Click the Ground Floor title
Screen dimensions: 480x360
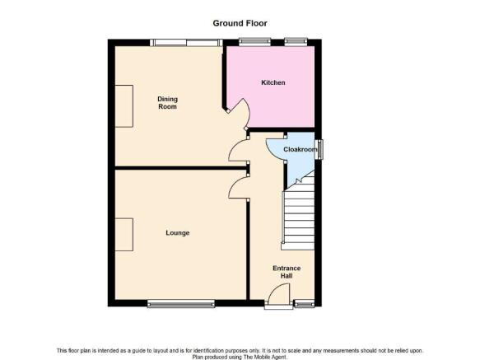tap(240, 23)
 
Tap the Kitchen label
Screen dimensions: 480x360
tap(273, 82)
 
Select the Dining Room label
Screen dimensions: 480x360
tap(167, 103)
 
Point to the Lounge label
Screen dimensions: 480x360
tap(178, 233)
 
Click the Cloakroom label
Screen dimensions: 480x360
tap(301, 149)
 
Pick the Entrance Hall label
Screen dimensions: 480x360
tap(287, 272)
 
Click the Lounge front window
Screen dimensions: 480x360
tap(181, 303)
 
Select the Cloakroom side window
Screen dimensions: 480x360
tap(319, 149)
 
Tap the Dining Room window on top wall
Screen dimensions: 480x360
tap(186, 43)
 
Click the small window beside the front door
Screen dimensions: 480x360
tap(304, 303)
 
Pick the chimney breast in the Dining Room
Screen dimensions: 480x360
tap(124, 106)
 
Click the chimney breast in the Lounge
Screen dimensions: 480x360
tap(124, 235)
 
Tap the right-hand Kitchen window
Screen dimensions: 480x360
tap(296, 42)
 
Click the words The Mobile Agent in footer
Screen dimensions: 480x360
tap(264, 357)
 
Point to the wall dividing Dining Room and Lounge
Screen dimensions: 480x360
tap(180, 168)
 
